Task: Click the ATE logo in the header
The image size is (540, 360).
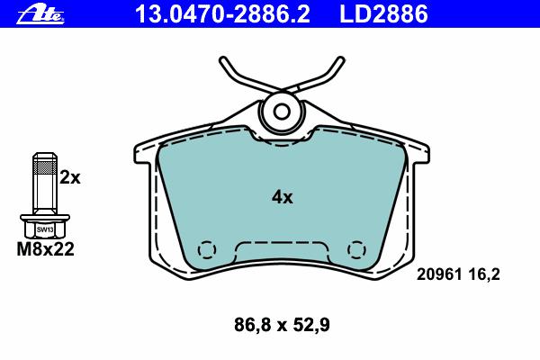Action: (x=40, y=15)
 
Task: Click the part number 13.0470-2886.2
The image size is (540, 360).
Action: (x=222, y=14)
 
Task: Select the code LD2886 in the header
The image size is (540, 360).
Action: (x=383, y=14)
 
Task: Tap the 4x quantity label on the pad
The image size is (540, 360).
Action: (x=282, y=197)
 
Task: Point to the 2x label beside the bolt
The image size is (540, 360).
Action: (x=70, y=178)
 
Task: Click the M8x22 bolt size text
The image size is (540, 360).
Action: (x=46, y=249)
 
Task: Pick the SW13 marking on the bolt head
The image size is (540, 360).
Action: (x=45, y=229)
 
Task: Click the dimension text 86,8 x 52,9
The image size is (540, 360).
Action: (x=282, y=325)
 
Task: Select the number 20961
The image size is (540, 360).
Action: (x=439, y=274)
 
